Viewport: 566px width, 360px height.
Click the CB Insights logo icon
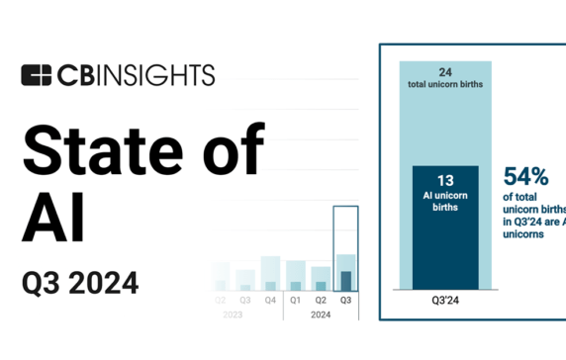tap(37, 75)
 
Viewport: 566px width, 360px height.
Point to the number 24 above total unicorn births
tap(446, 71)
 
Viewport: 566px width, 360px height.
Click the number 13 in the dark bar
tap(445, 181)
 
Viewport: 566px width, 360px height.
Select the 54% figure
tap(526, 177)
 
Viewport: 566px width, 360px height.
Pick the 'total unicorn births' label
tap(446, 86)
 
